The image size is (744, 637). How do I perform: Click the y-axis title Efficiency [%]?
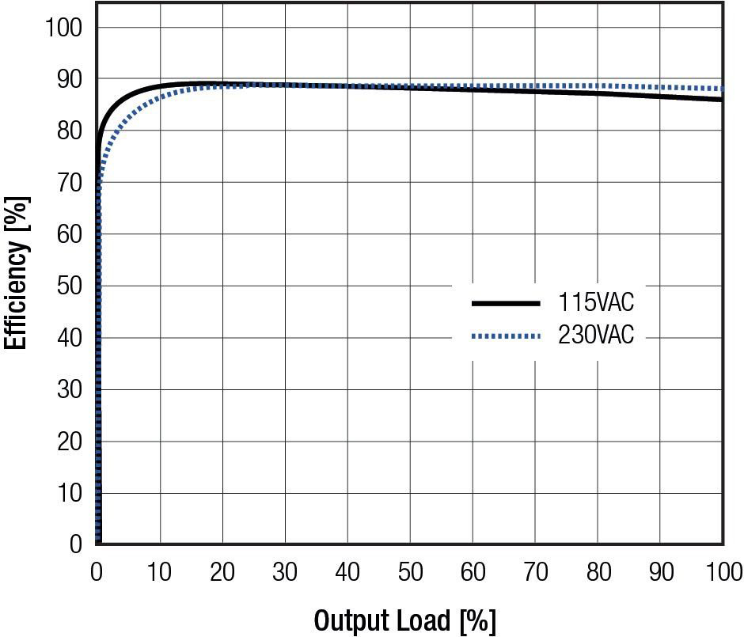pyautogui.click(x=17, y=273)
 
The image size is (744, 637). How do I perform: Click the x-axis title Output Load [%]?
pyautogui.click(x=404, y=620)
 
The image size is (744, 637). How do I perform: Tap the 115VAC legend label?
pyautogui.click(x=596, y=302)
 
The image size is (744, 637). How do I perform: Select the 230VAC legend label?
pyautogui.click(x=596, y=336)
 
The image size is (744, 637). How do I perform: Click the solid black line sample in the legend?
pyautogui.click(x=506, y=303)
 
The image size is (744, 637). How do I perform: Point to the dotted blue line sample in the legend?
pyautogui.click(x=506, y=336)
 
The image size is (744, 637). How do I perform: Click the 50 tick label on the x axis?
pyautogui.click(x=410, y=571)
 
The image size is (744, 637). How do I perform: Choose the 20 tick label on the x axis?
pyautogui.click(x=222, y=571)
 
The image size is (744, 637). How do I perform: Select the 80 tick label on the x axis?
pyautogui.click(x=598, y=571)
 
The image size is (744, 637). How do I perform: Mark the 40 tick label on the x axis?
pyautogui.click(x=347, y=571)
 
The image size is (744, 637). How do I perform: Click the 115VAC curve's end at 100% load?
pyautogui.click(x=721, y=99)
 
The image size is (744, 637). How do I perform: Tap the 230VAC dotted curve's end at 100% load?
pyautogui.click(x=721, y=89)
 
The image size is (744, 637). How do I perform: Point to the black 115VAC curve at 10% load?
pyautogui.click(x=160, y=86)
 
